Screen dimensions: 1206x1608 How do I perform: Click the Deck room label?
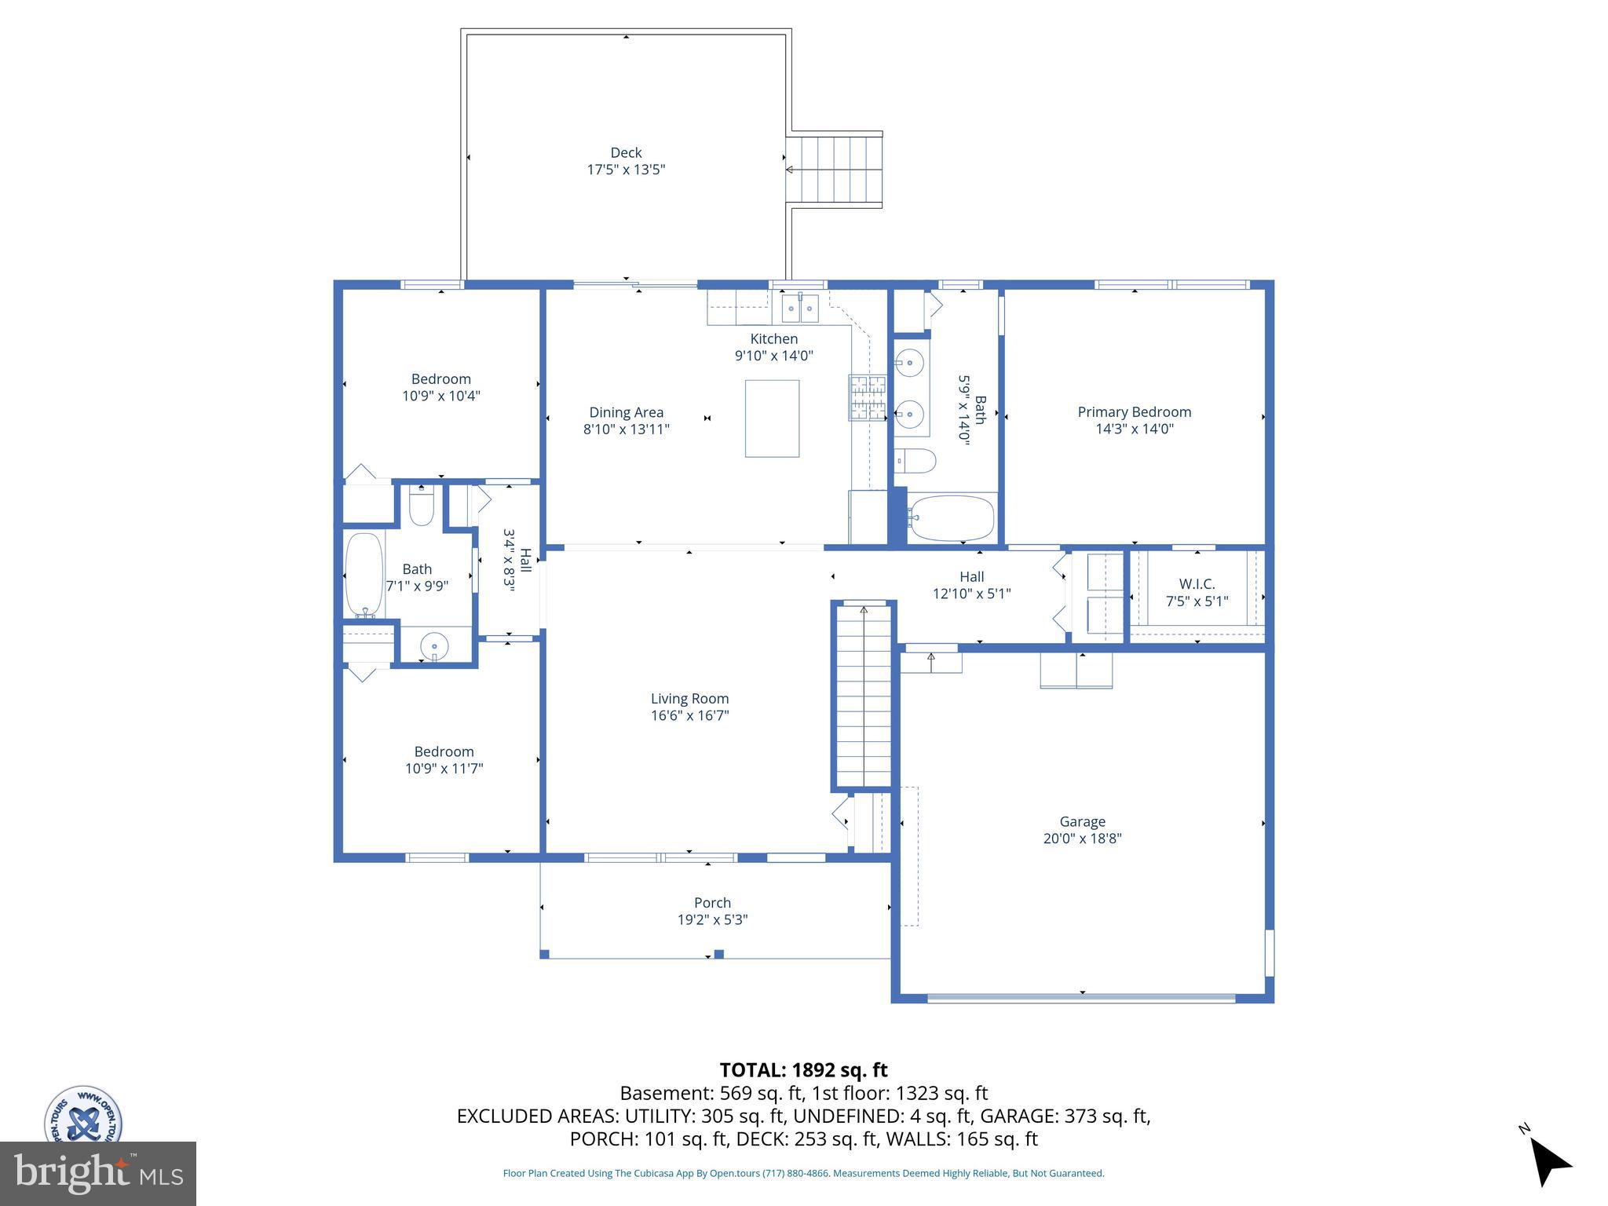626,153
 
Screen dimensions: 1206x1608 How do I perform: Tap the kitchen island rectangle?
772,418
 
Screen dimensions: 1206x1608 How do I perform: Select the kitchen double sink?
800,309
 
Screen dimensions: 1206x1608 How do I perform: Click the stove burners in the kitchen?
867,397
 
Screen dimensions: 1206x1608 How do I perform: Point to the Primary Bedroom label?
1134,412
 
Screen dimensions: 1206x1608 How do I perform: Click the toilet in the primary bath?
915,461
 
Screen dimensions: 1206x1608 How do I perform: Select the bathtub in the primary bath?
951,518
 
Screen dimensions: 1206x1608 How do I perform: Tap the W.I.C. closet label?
1197,584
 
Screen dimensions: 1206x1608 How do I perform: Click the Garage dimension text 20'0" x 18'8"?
1082,839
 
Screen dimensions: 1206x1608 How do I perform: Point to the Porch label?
712,903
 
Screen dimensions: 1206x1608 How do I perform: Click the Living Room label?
689,699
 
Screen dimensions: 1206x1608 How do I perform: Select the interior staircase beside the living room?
864,695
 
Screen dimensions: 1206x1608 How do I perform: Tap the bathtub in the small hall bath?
364,576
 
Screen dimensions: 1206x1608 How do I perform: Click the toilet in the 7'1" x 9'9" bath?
422,507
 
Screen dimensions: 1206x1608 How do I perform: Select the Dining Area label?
626,412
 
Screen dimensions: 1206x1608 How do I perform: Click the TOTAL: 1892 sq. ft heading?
803,1070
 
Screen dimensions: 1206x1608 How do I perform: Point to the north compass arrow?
1549,1161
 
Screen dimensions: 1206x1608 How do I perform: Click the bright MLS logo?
98,1174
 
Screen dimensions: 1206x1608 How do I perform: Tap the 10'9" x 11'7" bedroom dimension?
444,769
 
